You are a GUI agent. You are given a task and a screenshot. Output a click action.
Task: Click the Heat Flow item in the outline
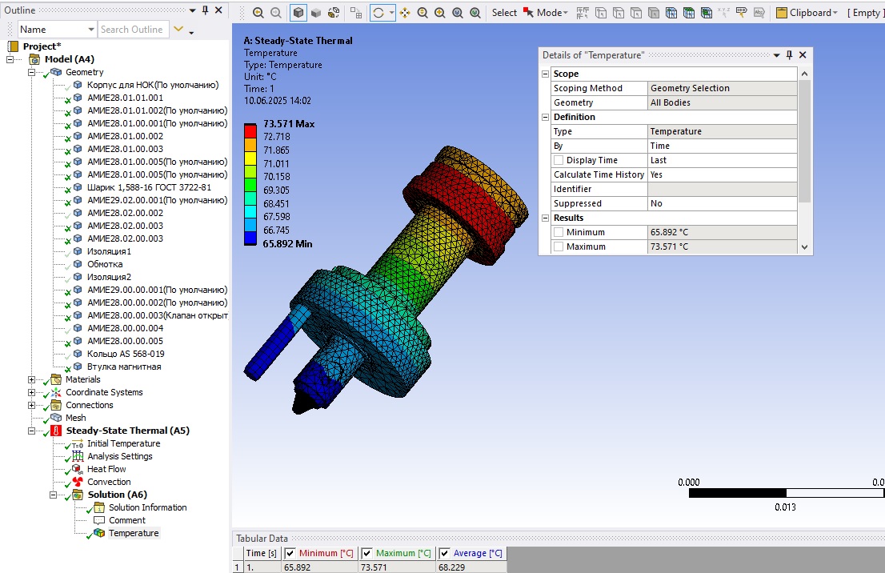106,469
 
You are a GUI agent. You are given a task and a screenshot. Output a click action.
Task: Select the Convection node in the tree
109,482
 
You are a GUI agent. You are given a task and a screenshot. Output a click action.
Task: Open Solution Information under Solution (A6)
148,507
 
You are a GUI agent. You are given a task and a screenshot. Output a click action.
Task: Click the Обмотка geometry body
104,264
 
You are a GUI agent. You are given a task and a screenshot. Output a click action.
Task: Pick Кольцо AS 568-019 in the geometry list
126,354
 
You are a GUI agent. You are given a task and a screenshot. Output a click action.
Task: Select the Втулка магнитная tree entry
124,367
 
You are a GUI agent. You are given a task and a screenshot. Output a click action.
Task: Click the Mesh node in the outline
76,418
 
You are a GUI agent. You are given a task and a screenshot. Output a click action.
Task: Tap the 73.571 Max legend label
289,123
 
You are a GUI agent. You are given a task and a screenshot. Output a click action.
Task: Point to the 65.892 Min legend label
287,244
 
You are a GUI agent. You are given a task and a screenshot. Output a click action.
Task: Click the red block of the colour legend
250,130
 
